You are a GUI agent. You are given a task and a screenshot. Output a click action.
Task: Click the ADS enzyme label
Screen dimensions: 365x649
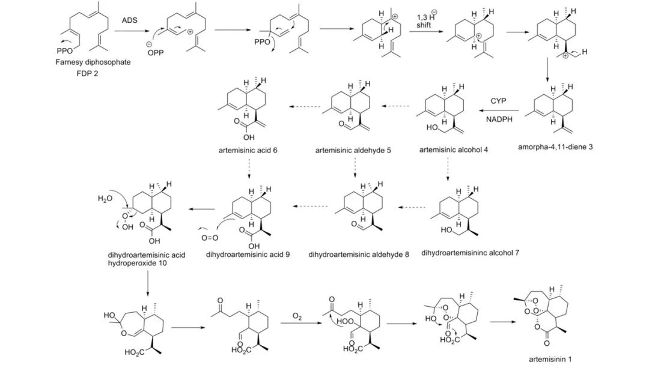click(130, 20)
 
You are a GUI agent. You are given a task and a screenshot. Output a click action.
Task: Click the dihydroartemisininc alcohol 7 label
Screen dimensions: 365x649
click(470, 253)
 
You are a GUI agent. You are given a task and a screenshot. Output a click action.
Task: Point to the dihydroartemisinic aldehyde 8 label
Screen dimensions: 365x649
click(359, 255)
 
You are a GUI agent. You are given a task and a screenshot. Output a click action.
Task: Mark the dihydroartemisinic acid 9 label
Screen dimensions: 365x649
click(248, 255)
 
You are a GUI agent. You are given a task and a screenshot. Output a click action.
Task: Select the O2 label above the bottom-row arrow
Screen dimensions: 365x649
click(297, 315)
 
